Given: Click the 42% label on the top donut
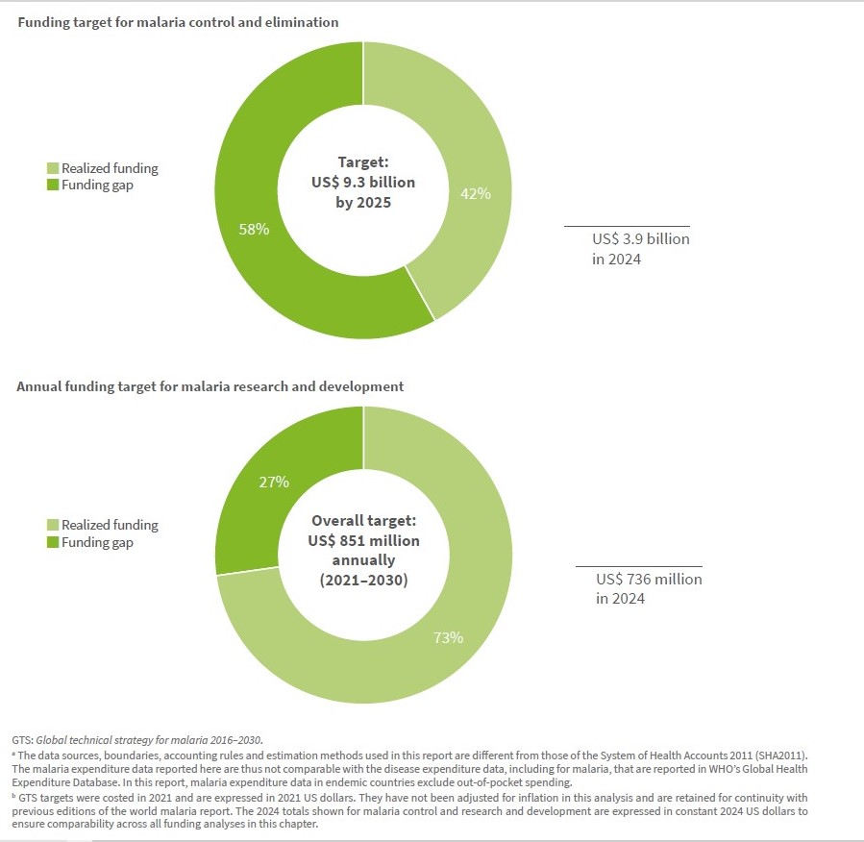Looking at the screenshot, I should point(476,193).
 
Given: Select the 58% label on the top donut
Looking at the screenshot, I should point(254,231).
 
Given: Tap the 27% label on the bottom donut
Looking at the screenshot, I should point(273,483).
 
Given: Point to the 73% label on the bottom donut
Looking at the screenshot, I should point(449,637).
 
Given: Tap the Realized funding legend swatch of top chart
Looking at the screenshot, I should point(54,169).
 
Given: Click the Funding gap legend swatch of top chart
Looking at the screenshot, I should point(54,186).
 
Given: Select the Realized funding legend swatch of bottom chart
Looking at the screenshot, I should point(54,526).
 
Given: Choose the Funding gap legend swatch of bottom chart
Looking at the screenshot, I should point(54,543).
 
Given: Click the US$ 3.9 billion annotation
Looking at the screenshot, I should point(640,239).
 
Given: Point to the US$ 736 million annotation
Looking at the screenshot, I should point(649,580).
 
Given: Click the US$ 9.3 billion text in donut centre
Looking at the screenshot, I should point(363,183).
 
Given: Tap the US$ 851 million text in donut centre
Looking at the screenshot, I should point(363,540).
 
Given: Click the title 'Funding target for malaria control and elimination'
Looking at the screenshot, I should point(177,21).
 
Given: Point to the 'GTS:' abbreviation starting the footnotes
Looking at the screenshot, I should point(23,740).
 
